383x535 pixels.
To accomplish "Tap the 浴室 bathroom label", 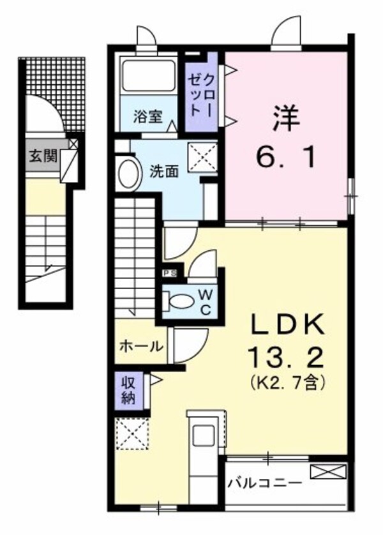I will coord(147,117).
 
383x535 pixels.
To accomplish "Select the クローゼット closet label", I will coord(202,94).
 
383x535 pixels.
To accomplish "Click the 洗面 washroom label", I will coord(163,171).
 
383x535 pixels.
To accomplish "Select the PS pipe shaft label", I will coord(170,273).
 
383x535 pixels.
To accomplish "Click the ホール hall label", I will coord(141,347).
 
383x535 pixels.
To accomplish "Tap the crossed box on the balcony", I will coord(327,472).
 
